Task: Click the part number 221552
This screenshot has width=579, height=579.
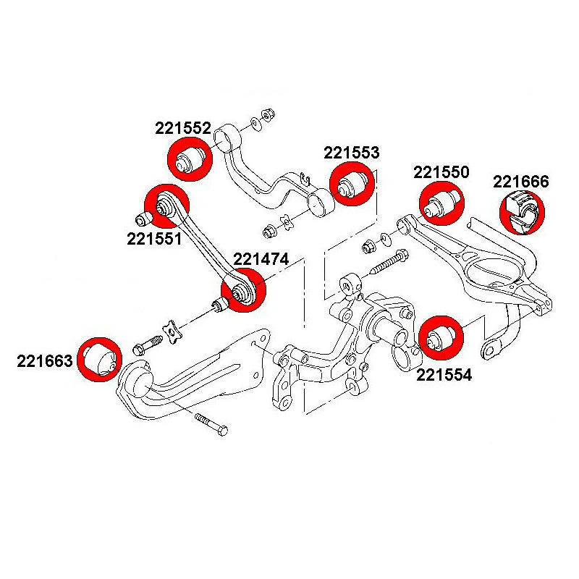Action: (182, 129)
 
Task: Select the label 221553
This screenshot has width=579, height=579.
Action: (351, 153)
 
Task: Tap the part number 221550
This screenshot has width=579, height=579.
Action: (441, 172)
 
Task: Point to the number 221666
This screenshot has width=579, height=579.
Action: (521, 182)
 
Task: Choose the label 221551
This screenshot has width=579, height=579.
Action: (154, 238)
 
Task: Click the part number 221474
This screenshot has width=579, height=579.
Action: (261, 258)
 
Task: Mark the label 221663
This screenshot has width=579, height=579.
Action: (45, 360)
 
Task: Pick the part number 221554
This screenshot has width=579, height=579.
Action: (444, 375)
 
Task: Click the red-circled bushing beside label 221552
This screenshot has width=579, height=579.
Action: (190, 159)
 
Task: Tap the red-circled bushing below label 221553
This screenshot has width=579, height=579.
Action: (352, 183)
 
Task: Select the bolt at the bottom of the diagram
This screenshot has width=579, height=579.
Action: (211, 424)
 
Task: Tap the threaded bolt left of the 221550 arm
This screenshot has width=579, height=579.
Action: (389, 261)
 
